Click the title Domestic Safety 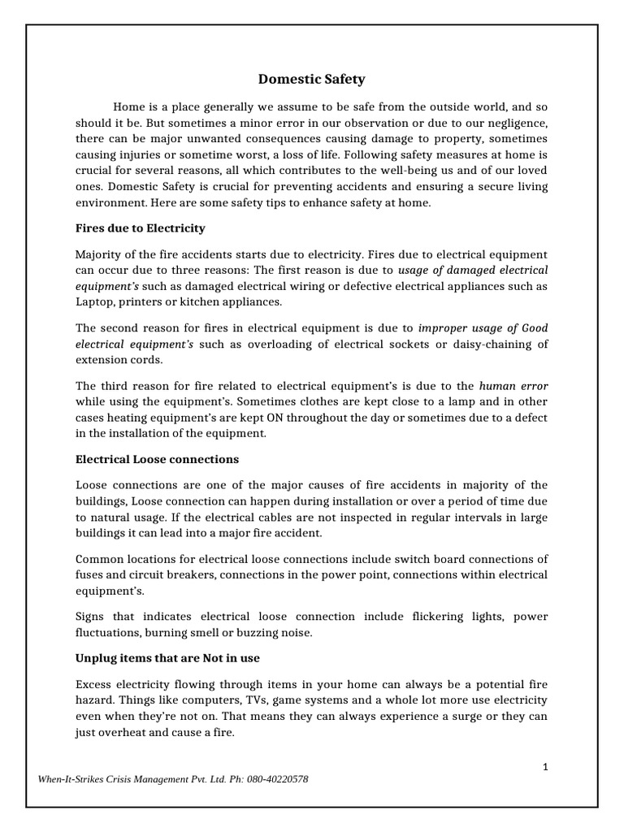click(312, 79)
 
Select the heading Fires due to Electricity click(140, 227)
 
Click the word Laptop click(95, 301)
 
